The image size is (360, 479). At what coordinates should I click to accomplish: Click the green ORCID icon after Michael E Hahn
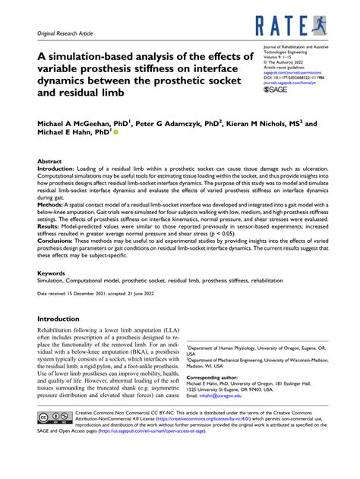point(116,131)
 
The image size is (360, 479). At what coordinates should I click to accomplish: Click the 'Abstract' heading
point(50,162)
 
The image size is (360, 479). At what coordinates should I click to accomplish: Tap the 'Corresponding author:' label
point(213,377)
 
